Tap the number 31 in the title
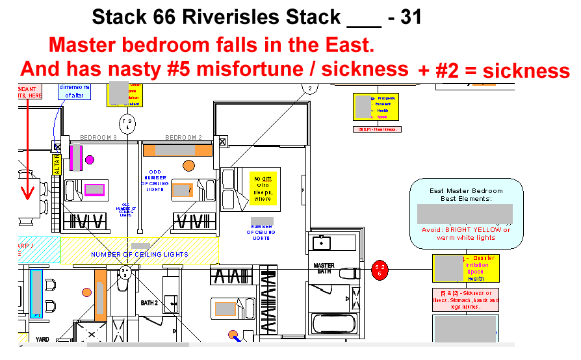click(x=409, y=18)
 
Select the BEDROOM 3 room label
click(x=98, y=138)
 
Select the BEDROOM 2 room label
click(x=184, y=138)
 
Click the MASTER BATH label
click(x=324, y=268)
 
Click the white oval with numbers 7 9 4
click(x=127, y=122)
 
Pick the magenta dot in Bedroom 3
click(x=90, y=159)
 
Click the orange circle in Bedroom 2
click(x=189, y=165)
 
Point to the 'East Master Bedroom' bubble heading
click(x=466, y=191)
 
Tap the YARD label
click(x=42, y=339)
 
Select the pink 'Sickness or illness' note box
click(x=466, y=300)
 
